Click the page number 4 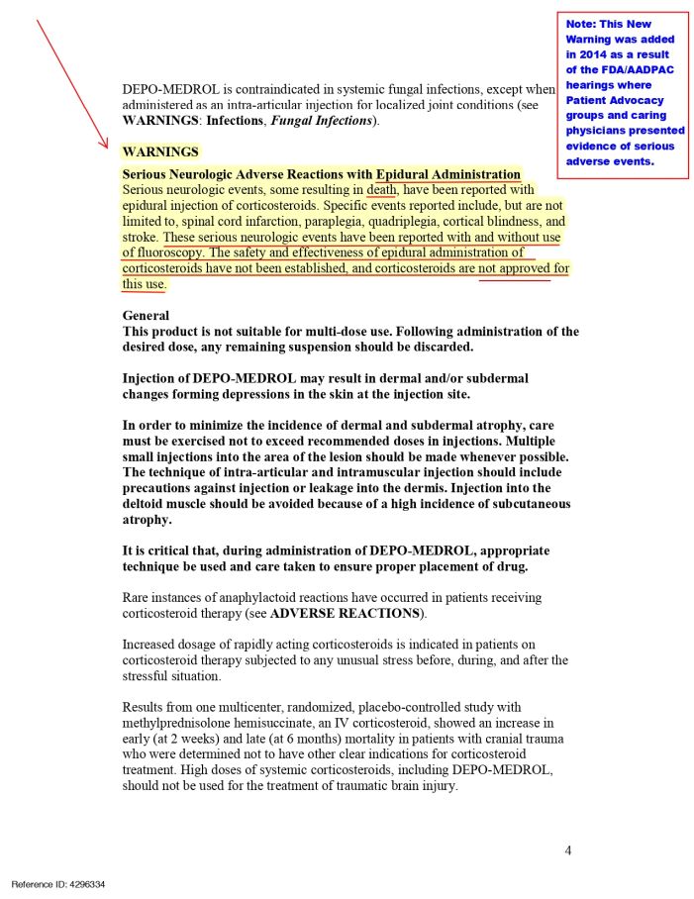click(568, 850)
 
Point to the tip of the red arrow click(108, 147)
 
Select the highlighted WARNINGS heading click(160, 152)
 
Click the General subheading click(146, 316)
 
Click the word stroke click(140, 238)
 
